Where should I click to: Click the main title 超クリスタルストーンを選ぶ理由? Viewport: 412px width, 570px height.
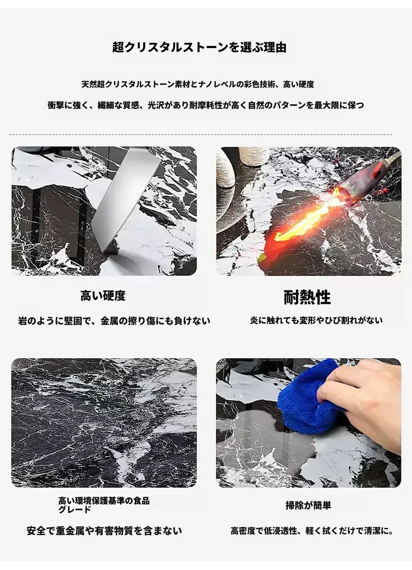coord(199,47)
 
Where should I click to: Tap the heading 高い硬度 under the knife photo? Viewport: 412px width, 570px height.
coord(103,296)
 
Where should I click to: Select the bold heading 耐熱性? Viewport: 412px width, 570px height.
coord(307,297)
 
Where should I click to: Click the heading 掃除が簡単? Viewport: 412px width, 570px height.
coord(308,505)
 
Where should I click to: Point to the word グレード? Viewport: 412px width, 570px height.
coord(75,510)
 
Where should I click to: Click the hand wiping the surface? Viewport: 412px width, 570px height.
coord(361,401)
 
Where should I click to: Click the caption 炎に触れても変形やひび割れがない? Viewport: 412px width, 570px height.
coord(316,320)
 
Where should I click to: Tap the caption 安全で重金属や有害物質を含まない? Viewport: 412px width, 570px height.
coord(104,531)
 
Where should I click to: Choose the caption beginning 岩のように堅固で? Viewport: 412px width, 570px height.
coord(114,321)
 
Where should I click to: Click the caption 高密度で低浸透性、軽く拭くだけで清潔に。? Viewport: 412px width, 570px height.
coord(312,531)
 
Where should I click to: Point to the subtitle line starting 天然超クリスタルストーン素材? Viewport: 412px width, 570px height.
coord(198,84)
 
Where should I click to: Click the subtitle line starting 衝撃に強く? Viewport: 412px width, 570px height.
coord(206,105)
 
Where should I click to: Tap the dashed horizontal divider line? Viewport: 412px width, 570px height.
coord(201,135)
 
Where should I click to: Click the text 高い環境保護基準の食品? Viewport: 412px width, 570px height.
coord(104,501)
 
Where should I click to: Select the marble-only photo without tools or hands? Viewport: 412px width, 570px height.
coord(104,423)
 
